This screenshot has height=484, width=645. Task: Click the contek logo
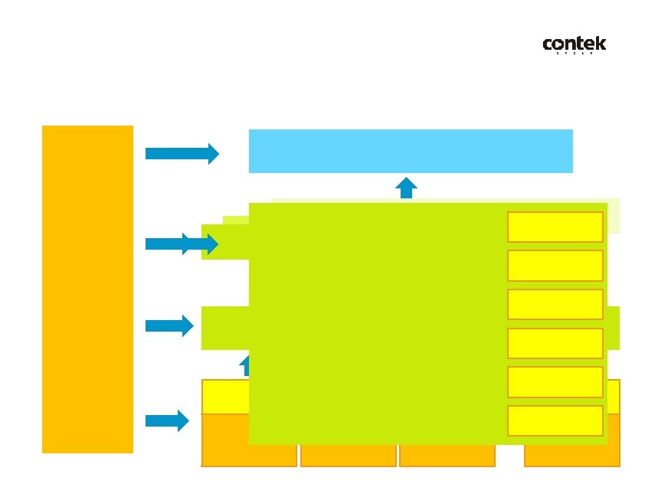[x=574, y=46]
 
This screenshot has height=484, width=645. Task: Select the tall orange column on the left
[x=87, y=289]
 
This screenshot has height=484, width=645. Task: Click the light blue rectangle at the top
[x=411, y=151]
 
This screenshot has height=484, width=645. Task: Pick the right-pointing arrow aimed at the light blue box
[x=182, y=154]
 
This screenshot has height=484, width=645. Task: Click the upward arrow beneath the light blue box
[x=406, y=188]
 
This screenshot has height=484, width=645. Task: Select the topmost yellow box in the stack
[x=555, y=227]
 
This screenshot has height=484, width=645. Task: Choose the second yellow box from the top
[x=555, y=266]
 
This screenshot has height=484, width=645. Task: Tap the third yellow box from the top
[x=555, y=304]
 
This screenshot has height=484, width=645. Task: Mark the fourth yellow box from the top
[x=555, y=343]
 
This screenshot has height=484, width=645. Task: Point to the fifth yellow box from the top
[x=555, y=382]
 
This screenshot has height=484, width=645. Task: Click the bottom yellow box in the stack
[x=555, y=420]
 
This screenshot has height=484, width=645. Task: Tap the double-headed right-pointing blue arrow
[x=182, y=244]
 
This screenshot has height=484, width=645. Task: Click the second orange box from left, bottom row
[x=349, y=456]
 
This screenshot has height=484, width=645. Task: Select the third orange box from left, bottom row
[x=447, y=456]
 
